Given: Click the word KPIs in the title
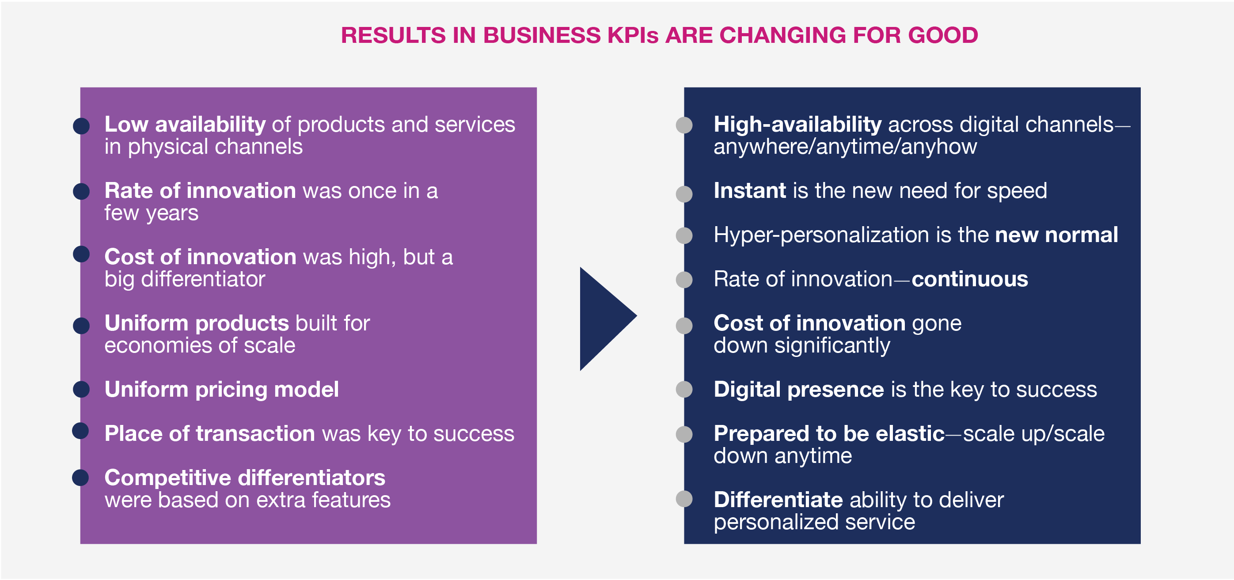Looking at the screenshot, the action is [633, 35].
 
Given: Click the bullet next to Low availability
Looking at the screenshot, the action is [81, 126].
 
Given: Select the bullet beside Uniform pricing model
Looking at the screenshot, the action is [81, 389].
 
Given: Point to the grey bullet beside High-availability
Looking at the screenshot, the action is [684, 125].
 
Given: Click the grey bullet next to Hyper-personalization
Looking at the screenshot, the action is [684, 235].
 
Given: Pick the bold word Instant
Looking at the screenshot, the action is [750, 191].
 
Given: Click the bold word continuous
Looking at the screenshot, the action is [969, 279].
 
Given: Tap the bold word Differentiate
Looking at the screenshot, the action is [778, 500].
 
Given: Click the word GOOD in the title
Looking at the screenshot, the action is [943, 35].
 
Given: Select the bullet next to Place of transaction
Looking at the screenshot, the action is [80, 431].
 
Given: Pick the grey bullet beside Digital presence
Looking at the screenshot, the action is [684, 389].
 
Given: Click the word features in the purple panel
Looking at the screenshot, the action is [351, 500].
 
